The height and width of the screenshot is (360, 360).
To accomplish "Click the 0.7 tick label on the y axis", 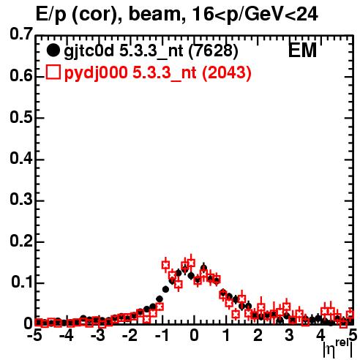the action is [x=21, y=34].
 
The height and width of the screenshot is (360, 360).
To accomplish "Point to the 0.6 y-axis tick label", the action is [x=21, y=75].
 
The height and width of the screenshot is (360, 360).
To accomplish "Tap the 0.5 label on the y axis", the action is [x=21, y=117].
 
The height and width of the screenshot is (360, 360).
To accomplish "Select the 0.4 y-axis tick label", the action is [x=21, y=158].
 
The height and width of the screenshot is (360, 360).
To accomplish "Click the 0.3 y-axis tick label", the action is [x=21, y=199].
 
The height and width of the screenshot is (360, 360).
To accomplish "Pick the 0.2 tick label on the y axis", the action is [x=21, y=241].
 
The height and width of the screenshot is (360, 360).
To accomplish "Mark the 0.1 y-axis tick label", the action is [x=22, y=282].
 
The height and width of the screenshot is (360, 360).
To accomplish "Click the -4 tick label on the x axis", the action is [x=66, y=336].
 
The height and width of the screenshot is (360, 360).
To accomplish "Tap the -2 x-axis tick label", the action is [x=130, y=336].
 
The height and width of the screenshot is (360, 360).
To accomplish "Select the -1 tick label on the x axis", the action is [x=162, y=336].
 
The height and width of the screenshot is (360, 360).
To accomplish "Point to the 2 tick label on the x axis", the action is [x=258, y=336].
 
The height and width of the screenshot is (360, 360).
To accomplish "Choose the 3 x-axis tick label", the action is [x=290, y=336].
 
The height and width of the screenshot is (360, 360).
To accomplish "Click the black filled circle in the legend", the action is [x=53, y=50].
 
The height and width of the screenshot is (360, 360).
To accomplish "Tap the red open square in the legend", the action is [x=53, y=72].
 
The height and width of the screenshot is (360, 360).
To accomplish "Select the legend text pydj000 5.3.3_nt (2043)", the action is [x=158, y=73].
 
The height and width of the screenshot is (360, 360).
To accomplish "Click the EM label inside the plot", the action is [x=302, y=50].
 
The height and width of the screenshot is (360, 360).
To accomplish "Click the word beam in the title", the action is [x=154, y=14].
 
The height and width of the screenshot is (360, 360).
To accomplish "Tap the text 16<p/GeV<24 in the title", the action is [x=255, y=15].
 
